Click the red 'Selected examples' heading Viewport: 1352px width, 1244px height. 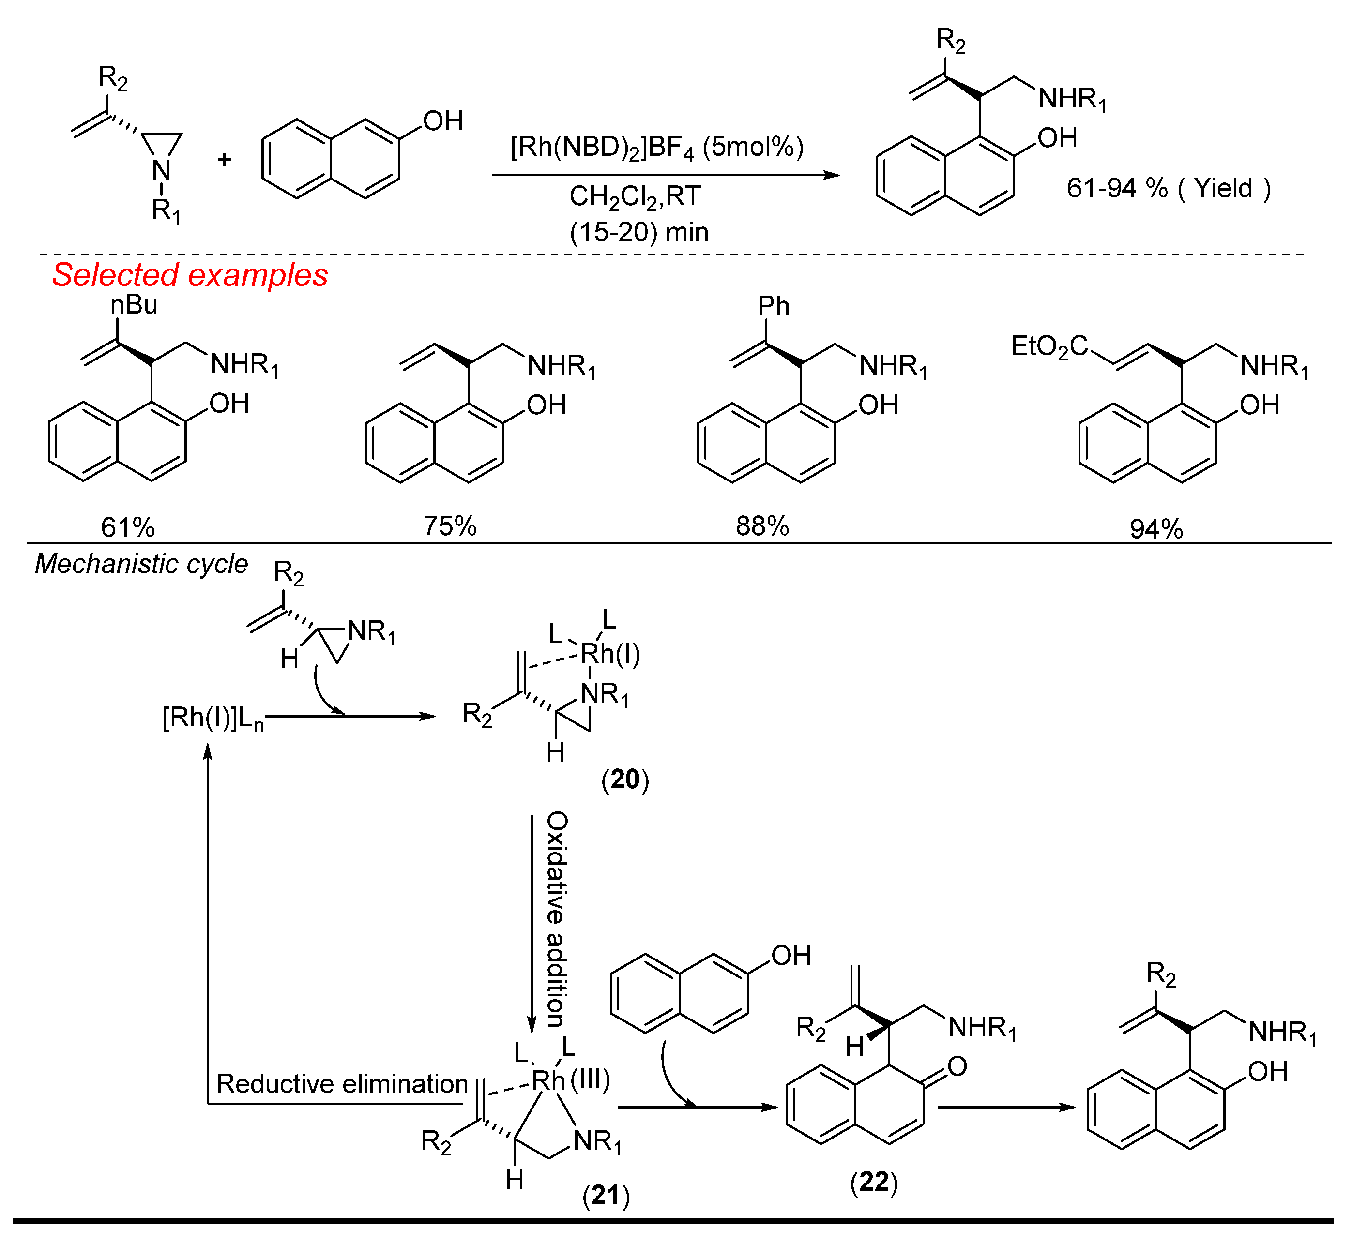point(190,275)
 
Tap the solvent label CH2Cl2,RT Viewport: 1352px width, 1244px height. point(635,196)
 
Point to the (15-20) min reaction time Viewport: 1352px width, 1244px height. point(639,232)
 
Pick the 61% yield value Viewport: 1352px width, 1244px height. point(128,527)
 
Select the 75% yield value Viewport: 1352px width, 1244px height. point(450,526)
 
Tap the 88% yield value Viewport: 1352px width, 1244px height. point(762,526)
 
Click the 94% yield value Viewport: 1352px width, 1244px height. point(1156,529)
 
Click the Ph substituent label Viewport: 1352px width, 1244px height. point(773,307)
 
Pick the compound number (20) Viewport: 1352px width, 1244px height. point(625,779)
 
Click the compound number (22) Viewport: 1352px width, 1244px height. point(874,1182)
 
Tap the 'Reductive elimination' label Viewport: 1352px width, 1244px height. point(342,1084)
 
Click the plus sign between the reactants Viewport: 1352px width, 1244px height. point(224,160)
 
